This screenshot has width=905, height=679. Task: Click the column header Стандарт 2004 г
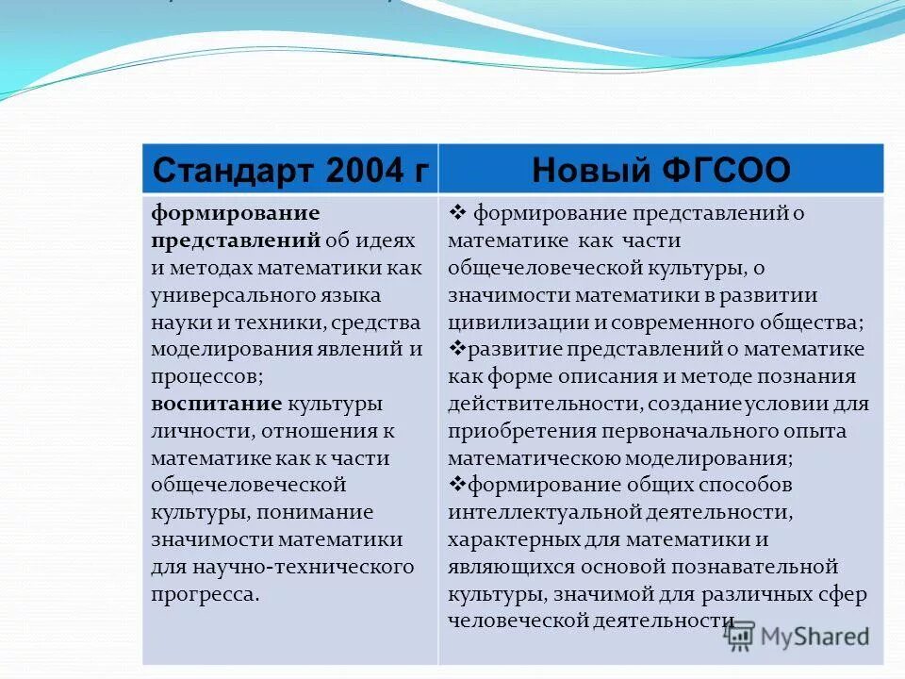pyautogui.click(x=290, y=170)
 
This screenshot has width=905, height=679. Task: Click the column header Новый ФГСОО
pyautogui.click(x=661, y=170)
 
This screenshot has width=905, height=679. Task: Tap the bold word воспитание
pyautogui.click(x=217, y=404)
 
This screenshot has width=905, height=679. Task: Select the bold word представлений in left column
pyautogui.click(x=236, y=240)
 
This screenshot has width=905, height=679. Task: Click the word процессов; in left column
pyautogui.click(x=206, y=376)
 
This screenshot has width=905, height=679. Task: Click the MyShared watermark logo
pyautogui.click(x=798, y=637)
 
